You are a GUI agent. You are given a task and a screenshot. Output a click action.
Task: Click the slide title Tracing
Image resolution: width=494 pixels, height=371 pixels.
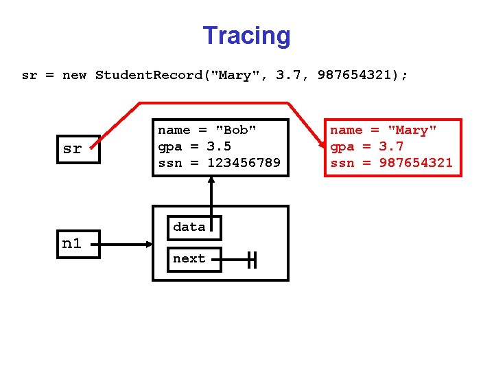pyautogui.click(x=246, y=36)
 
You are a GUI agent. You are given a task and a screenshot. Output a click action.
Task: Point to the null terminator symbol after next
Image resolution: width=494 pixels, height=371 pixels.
pyautogui.click(x=252, y=260)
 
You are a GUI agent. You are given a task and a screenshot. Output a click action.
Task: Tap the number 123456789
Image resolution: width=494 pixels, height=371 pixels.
pyautogui.click(x=244, y=163)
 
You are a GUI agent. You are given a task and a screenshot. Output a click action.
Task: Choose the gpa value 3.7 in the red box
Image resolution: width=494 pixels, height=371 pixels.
pyautogui.click(x=392, y=146)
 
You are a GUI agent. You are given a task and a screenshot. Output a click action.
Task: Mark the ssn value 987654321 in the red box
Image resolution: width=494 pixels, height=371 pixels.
pyautogui.click(x=416, y=163)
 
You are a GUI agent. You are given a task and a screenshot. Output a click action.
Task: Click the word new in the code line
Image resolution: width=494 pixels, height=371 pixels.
pyautogui.click(x=74, y=75)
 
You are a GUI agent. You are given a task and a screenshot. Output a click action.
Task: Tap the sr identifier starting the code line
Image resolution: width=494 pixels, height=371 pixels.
pyautogui.click(x=30, y=75)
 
